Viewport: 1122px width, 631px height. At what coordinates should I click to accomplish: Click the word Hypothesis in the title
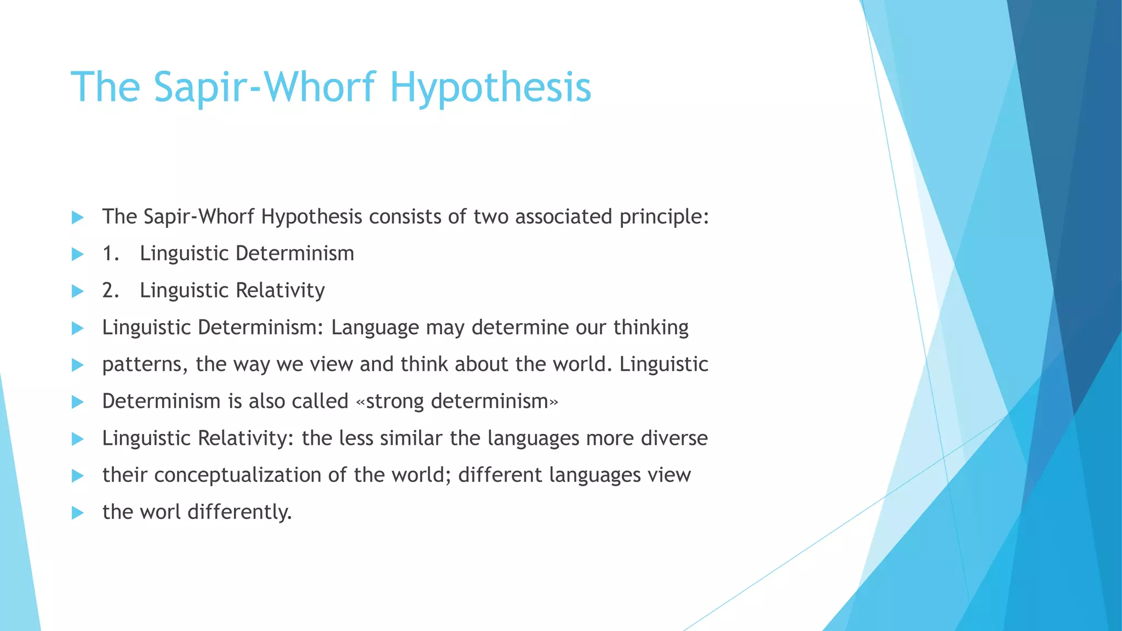coord(490,88)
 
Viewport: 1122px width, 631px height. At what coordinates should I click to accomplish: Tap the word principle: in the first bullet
coord(664,217)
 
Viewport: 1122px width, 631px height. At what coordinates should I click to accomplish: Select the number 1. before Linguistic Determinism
coord(111,254)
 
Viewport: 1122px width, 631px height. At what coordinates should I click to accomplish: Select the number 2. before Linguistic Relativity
coord(111,290)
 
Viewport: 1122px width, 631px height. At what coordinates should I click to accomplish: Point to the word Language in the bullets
coord(375,328)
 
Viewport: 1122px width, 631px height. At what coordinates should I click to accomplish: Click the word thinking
coord(651,328)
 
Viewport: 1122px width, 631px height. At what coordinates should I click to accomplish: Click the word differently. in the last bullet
coord(239,512)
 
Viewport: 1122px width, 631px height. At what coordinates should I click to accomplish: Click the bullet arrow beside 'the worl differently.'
coord(77,513)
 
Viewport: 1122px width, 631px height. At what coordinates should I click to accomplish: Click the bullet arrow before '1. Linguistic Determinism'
coord(77,254)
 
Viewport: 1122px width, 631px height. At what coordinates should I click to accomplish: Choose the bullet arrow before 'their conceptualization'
coord(77,475)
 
